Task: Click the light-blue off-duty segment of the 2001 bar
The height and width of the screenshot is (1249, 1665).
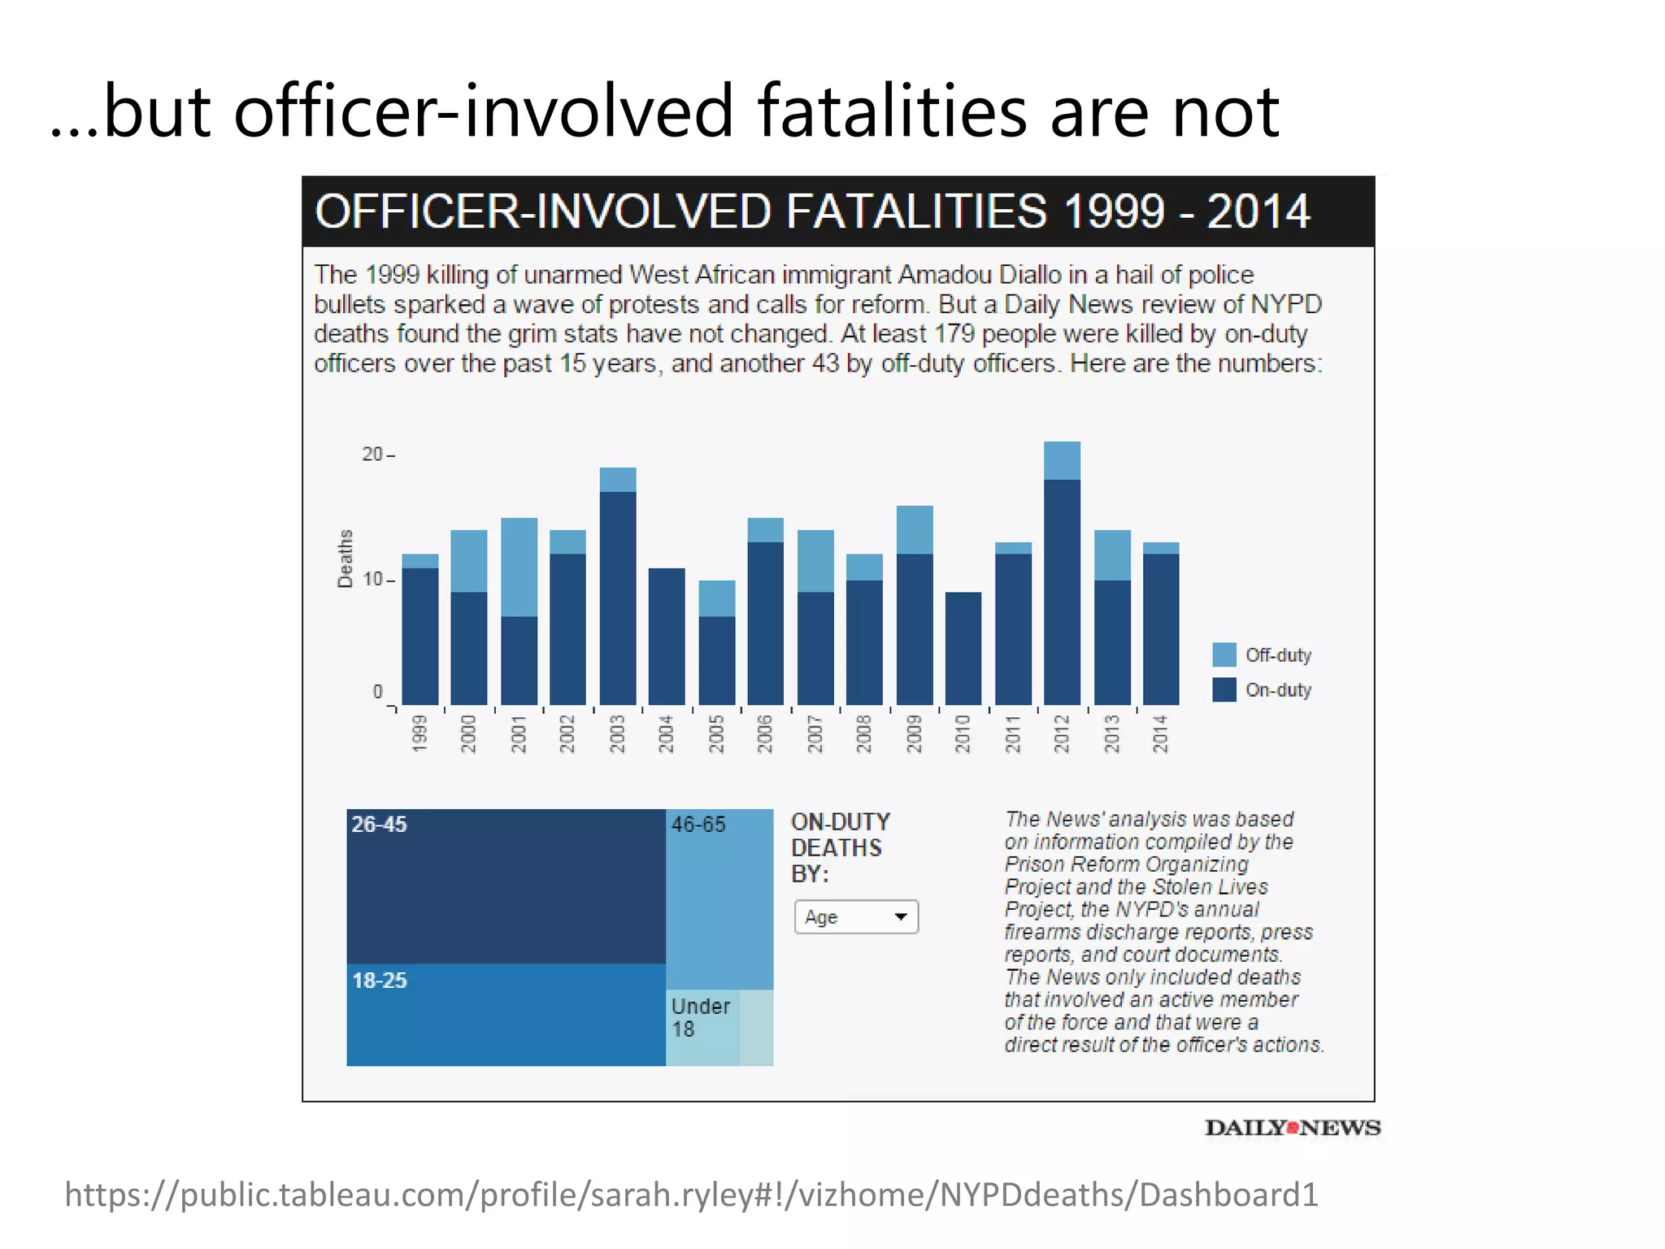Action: (x=519, y=567)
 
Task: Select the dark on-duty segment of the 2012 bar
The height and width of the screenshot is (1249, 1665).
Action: (x=1062, y=591)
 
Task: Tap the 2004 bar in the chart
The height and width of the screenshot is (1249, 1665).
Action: (x=667, y=636)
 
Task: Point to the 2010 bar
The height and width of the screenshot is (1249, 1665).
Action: (x=963, y=648)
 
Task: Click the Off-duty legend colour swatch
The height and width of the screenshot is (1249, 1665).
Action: (x=1224, y=655)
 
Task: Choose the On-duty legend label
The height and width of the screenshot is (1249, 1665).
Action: (x=1278, y=690)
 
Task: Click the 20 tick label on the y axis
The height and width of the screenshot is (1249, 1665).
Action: (x=372, y=455)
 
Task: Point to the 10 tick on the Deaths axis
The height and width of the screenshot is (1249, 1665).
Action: (x=372, y=580)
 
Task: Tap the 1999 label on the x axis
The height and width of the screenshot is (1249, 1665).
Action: (x=420, y=733)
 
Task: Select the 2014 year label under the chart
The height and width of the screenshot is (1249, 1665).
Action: (x=1161, y=733)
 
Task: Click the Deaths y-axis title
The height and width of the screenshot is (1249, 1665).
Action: (x=346, y=559)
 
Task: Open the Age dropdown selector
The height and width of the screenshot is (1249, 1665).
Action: (x=856, y=917)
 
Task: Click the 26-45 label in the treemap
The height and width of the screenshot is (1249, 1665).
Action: (x=379, y=825)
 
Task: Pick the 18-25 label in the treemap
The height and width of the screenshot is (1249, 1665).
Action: (x=379, y=981)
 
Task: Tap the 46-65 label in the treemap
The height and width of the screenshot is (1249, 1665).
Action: (x=698, y=825)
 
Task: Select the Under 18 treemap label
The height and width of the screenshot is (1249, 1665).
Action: (x=700, y=1017)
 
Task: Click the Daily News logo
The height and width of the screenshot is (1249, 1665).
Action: (x=1293, y=1128)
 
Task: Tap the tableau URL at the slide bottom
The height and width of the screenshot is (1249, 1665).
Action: (x=691, y=1195)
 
